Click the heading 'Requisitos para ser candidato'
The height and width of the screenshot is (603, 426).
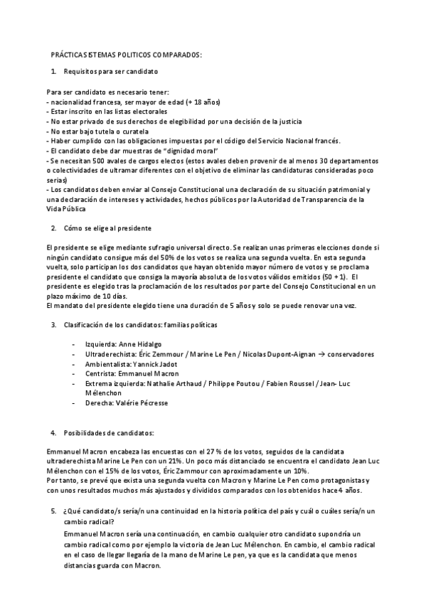tap(110, 72)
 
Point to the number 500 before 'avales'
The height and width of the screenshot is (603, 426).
tap(100, 161)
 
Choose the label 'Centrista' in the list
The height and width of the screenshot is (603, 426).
tap(102, 373)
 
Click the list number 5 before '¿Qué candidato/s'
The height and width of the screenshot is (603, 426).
tap(53, 511)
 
